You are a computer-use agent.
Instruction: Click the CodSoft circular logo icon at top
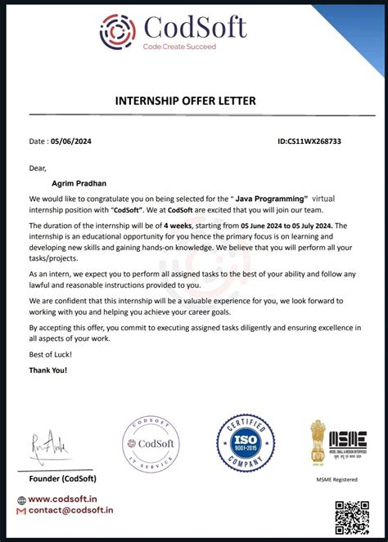click(120, 30)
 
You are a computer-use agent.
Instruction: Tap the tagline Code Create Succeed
click(179, 47)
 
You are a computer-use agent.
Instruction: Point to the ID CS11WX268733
click(309, 141)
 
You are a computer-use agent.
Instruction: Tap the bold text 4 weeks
click(176, 225)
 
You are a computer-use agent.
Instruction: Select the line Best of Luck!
click(51, 353)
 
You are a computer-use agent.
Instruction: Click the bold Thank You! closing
click(48, 370)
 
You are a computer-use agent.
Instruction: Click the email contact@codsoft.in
click(70, 510)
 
